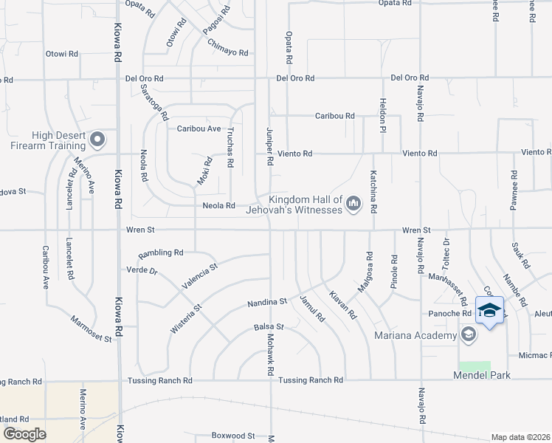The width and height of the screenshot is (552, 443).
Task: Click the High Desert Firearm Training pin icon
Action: click(x=97, y=139)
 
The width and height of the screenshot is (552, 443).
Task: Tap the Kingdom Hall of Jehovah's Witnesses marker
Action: click(x=353, y=202)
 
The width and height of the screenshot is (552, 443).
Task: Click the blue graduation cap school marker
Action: click(x=490, y=310)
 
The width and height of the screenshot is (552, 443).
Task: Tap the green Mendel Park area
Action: click(x=475, y=366)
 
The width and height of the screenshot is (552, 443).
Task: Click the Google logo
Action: click(x=24, y=434)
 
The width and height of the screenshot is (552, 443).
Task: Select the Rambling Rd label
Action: click(x=160, y=253)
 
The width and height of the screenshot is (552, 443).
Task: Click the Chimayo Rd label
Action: click(x=227, y=53)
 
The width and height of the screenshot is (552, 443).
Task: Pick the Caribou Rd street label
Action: click(x=335, y=116)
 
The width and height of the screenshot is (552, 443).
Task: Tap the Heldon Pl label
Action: click(x=382, y=111)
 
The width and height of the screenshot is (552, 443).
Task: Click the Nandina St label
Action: click(x=267, y=302)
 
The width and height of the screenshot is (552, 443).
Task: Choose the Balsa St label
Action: click(x=269, y=326)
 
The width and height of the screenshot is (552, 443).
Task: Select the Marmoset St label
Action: click(x=91, y=329)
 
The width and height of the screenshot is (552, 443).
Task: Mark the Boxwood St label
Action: click(x=232, y=436)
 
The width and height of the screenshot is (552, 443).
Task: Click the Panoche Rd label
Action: click(x=451, y=313)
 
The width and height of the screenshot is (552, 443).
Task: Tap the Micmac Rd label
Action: click(x=535, y=354)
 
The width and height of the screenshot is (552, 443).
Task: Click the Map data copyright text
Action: click(x=521, y=437)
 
